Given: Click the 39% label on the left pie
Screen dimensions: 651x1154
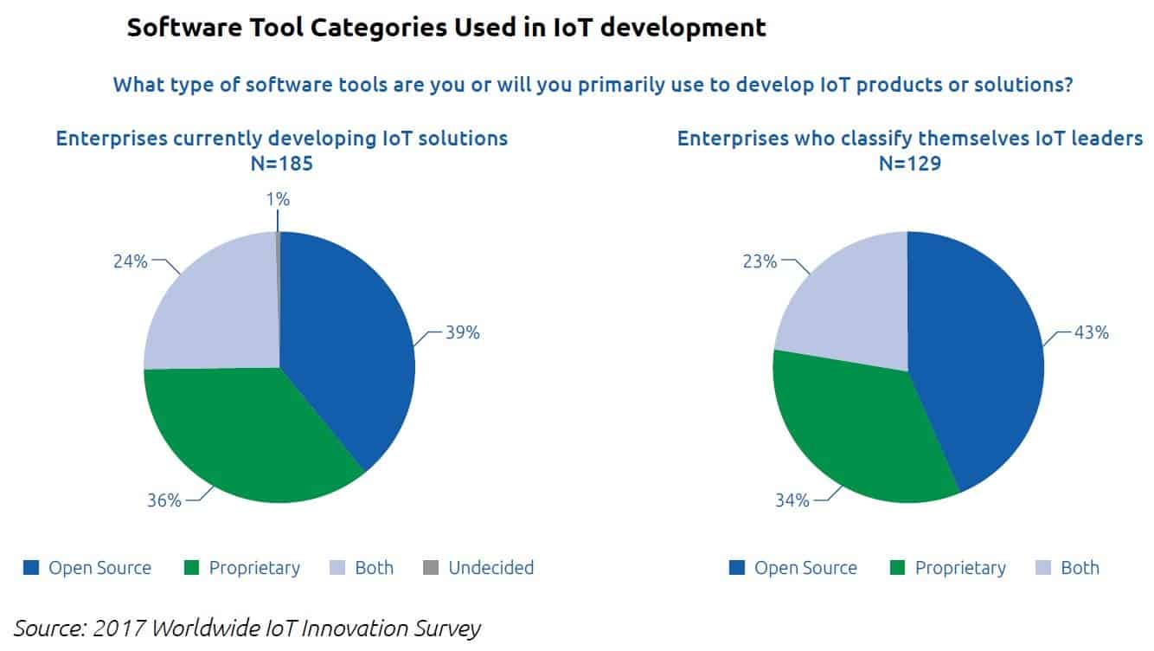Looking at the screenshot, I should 462,332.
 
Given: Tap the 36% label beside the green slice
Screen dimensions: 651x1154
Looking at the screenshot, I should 164,500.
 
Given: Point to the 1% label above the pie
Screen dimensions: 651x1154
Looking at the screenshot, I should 278,199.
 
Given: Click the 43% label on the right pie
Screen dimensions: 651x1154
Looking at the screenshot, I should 1091,332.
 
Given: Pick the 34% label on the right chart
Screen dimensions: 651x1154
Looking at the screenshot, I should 792,500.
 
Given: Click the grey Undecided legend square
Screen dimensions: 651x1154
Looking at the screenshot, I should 431,569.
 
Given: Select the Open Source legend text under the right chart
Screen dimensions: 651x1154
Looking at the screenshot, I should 805,569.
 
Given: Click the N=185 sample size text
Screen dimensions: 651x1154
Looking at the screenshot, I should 281,163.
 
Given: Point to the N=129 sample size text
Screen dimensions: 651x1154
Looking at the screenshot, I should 910,163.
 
